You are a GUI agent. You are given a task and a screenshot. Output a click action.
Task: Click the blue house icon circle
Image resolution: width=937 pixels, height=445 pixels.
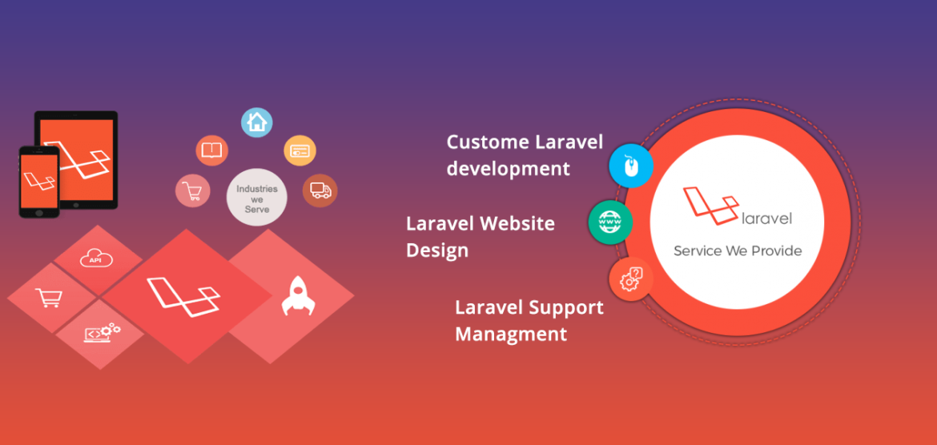tap(257, 122)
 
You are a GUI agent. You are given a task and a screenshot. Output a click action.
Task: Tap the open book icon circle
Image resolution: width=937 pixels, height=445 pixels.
tap(212, 150)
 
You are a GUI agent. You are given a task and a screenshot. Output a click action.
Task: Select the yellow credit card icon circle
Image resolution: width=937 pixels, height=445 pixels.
tap(300, 150)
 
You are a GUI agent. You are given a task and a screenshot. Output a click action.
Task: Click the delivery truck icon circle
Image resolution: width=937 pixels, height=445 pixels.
tap(320, 190)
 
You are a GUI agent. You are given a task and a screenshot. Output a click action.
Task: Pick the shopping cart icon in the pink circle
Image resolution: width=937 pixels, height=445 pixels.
tap(192, 191)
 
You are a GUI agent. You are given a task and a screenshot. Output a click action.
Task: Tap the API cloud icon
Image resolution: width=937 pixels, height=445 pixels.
tap(97, 258)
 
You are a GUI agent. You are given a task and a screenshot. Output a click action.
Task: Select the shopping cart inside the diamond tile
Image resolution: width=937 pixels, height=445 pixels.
tap(48, 298)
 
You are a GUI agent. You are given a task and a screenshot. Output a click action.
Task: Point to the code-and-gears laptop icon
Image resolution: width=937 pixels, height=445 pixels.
tap(103, 332)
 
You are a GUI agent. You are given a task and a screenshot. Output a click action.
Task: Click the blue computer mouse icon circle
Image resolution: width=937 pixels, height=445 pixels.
tap(631, 166)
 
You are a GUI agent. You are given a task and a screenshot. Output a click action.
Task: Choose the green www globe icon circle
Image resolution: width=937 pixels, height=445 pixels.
tap(611, 222)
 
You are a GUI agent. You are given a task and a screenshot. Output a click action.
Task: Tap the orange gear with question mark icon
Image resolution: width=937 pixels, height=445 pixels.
tap(631, 279)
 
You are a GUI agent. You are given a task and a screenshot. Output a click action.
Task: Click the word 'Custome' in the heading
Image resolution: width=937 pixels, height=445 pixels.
tap(489, 142)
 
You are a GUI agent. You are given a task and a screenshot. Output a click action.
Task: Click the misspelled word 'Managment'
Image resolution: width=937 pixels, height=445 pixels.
tap(511, 333)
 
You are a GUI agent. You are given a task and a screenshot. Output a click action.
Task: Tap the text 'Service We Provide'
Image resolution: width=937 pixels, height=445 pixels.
tap(738, 251)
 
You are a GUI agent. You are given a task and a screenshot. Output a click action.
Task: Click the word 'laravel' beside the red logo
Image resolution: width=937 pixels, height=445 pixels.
tap(766, 218)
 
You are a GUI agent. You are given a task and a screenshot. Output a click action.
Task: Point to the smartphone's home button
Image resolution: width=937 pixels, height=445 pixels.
tap(39, 212)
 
